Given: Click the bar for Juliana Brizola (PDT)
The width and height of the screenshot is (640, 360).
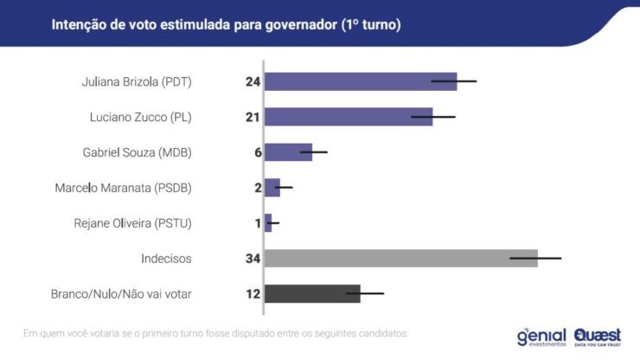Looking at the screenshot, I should pos(360,82).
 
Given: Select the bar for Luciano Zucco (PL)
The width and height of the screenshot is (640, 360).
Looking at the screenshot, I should pos(348,117).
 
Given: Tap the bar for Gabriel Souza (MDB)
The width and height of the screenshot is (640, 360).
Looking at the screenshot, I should pos(287,152).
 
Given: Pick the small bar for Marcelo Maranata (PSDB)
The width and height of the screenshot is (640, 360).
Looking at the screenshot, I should pos(272,187).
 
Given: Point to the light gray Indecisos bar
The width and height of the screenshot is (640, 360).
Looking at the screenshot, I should pos(400,258).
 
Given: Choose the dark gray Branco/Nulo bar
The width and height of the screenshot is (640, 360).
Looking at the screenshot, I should pos(311,293).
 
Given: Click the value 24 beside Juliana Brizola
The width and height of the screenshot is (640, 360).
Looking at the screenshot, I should pos(253,82).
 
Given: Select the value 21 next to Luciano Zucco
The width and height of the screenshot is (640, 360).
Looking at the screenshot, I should pos(253,117).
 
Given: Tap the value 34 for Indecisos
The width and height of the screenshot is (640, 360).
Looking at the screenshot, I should pos(253,258).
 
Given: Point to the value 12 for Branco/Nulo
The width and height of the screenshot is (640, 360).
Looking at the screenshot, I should pos(253,293).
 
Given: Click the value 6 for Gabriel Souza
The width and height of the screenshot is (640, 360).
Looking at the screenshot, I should pos(257,152).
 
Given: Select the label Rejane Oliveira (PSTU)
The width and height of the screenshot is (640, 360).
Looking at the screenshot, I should pos(133,223).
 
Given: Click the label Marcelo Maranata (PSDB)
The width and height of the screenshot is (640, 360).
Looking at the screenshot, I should pos(123,188).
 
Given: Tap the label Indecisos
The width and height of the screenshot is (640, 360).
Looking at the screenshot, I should pos(166,258).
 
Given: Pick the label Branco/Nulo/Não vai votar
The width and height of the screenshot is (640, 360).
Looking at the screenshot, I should pos(121,293).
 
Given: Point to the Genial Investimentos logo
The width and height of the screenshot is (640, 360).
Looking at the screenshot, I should pos(541,336).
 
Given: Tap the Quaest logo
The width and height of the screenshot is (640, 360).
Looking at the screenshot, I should pos(597,336).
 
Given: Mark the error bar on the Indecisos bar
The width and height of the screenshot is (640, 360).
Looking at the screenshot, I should pos(535,258).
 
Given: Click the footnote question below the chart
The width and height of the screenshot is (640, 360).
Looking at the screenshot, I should pos(215,333).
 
